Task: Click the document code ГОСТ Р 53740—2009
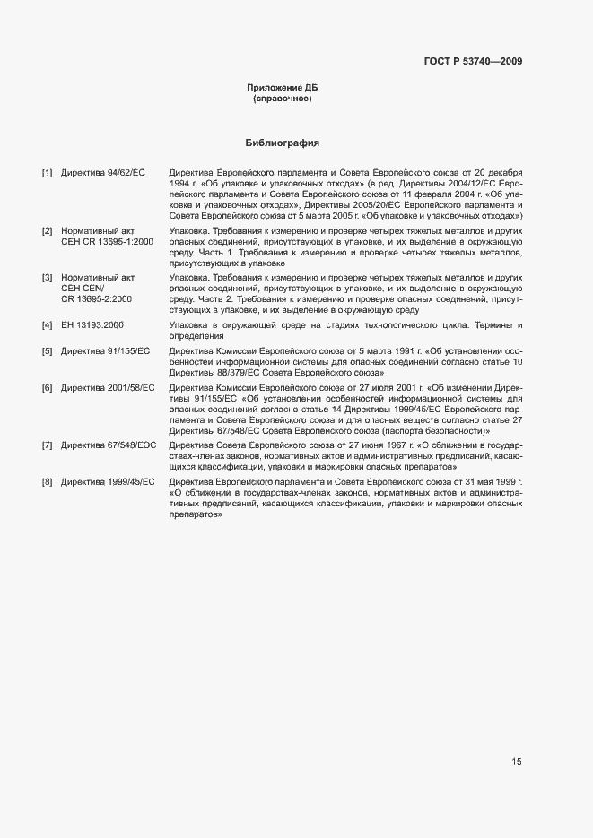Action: (x=472, y=61)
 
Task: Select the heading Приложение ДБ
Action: (x=283, y=87)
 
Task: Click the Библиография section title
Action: (x=283, y=143)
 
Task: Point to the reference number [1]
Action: (x=48, y=171)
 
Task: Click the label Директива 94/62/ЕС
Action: (x=103, y=171)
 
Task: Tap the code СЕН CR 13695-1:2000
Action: (x=108, y=243)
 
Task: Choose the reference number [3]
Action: (x=48, y=279)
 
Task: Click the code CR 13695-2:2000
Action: (x=97, y=300)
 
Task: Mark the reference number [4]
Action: (x=48, y=324)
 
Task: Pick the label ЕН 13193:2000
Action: (x=92, y=324)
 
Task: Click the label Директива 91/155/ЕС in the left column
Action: (x=106, y=350)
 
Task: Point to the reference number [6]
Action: (x=48, y=387)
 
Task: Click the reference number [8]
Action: (x=48, y=482)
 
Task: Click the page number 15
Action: (x=517, y=762)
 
